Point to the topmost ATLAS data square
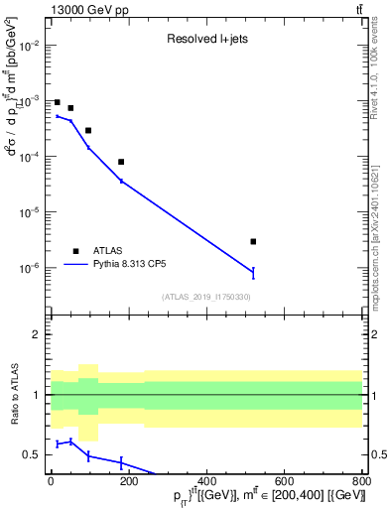click(x=58, y=102)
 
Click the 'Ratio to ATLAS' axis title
click(x=13, y=396)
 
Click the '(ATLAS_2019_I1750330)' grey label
click(x=206, y=297)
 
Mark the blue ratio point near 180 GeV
click(x=121, y=462)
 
